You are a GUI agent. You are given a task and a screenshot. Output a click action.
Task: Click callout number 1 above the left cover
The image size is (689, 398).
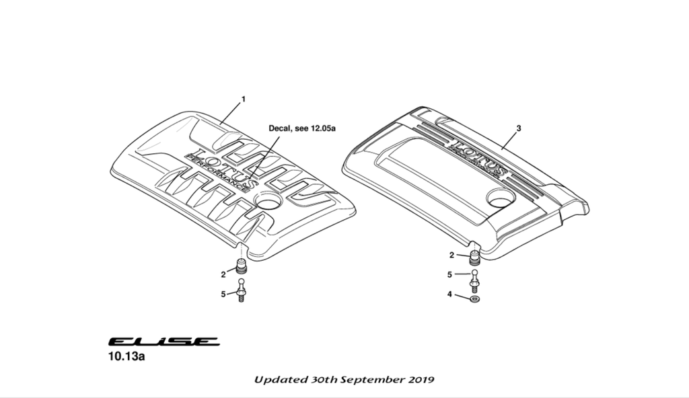click(x=244, y=99)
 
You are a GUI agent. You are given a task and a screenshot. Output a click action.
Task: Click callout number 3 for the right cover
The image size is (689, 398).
click(x=519, y=127)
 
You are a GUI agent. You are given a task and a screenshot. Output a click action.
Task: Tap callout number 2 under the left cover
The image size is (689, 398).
click(x=223, y=274)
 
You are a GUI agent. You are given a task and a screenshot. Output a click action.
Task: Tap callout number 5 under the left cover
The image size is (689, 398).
click(x=223, y=293)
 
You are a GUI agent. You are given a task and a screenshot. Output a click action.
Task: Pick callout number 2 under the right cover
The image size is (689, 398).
click(x=452, y=255)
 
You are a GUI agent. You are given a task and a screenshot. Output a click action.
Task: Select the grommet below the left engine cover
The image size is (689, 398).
click(x=242, y=266)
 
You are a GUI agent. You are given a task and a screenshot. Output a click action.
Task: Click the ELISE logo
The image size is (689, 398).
click(x=164, y=342)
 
